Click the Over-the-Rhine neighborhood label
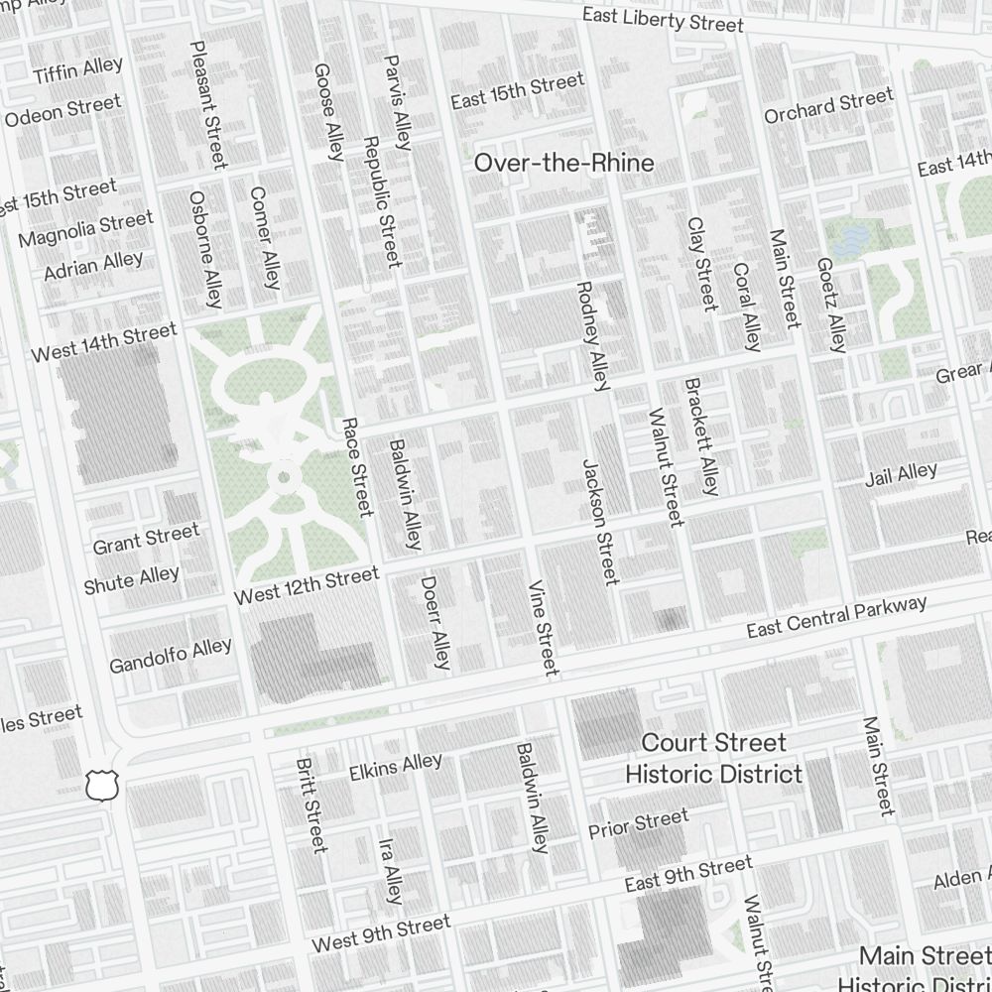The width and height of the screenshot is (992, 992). [563, 163]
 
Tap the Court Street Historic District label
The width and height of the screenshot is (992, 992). [713, 758]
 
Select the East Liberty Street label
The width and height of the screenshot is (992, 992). [662, 20]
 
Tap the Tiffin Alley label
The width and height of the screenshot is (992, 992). [77, 70]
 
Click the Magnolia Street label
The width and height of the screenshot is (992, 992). [85, 229]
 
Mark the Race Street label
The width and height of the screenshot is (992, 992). [356, 466]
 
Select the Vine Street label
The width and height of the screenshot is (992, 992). [544, 628]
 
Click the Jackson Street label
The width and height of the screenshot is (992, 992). [600, 521]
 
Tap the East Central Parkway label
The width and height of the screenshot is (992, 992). [836, 617]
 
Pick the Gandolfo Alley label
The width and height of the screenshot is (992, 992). [170, 656]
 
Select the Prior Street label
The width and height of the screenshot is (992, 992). [638, 824]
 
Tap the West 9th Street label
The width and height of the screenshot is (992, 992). [381, 933]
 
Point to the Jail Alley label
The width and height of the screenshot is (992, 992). [901, 474]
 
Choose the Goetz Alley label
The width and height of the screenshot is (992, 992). [830, 305]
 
